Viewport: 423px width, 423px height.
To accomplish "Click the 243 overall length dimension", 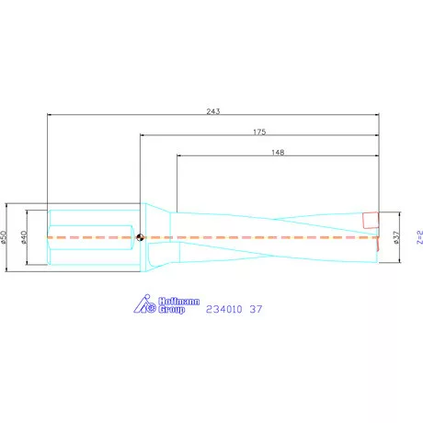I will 212,111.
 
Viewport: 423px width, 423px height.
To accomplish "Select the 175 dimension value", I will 259,131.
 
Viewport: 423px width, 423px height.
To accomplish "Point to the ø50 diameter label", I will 6,237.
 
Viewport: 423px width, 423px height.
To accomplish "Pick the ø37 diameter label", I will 396,237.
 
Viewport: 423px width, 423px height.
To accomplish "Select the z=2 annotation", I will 419,237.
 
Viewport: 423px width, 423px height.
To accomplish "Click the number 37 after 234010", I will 257,309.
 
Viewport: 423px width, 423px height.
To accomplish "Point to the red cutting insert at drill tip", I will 370,221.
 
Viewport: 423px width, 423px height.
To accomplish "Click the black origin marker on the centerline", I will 139,237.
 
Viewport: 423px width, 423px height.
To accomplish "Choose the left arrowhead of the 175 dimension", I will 143,135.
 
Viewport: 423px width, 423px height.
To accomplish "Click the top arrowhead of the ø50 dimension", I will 9,205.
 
